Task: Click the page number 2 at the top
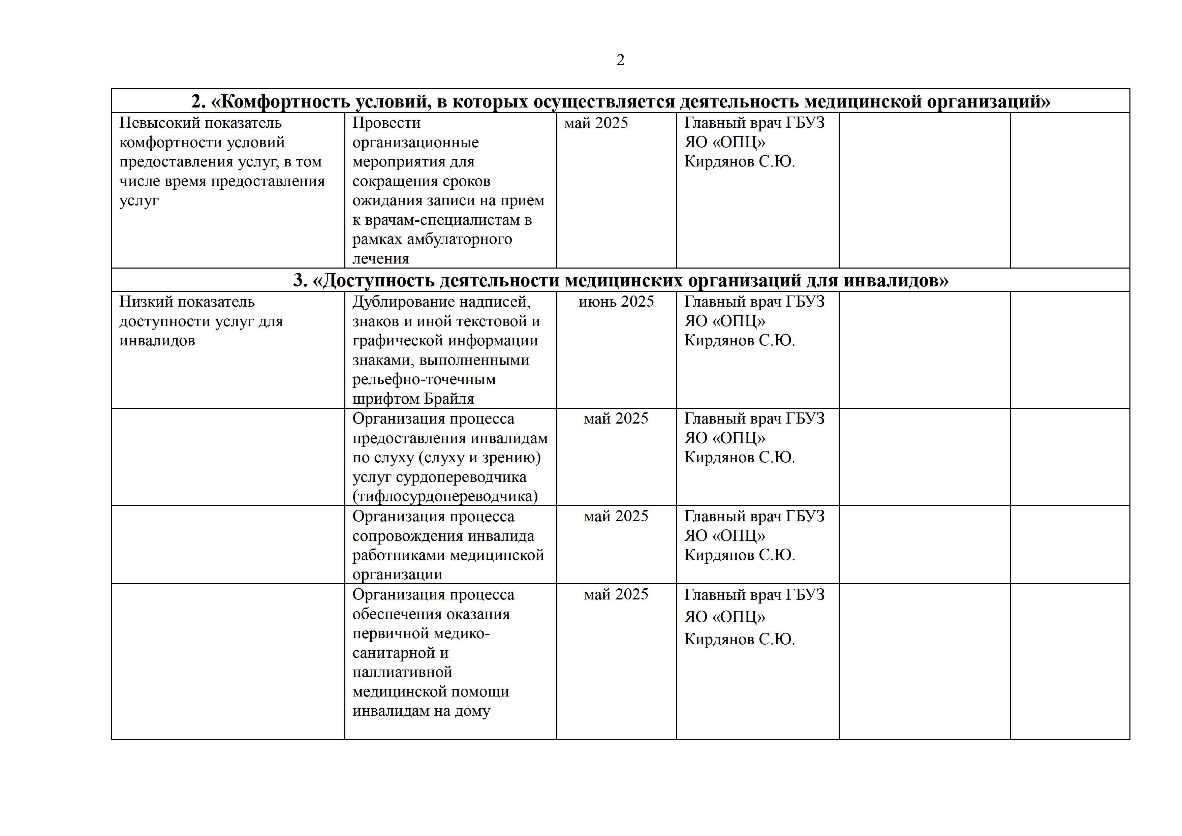[620, 60]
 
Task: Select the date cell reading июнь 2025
[616, 302]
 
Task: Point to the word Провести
[386, 123]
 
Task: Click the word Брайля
[449, 399]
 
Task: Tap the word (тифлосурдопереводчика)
[445, 496]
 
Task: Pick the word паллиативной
[402, 672]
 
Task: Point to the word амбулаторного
[460, 239]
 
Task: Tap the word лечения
[380, 259]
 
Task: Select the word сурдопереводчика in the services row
[461, 477]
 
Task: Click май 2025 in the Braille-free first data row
[596, 123]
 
